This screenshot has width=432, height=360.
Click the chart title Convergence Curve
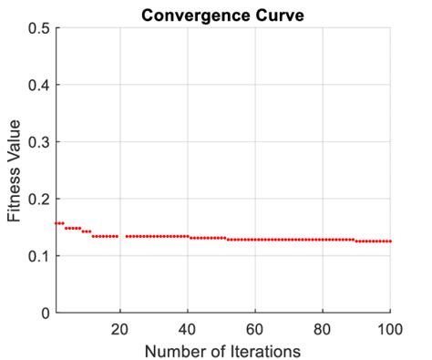click(222, 14)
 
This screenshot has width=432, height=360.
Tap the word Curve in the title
click(278, 14)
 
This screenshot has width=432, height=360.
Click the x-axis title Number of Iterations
click(223, 348)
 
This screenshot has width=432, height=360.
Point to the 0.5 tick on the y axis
click(37, 28)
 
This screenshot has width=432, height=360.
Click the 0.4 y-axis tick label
click(37, 85)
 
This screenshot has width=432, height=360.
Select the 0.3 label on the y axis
click(37, 142)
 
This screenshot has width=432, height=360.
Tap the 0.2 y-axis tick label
click(37, 199)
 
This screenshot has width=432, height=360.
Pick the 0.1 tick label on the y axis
click(37, 256)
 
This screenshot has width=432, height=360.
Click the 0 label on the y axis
click(45, 313)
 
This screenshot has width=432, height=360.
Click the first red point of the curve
click(56, 223)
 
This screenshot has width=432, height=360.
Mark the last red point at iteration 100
click(390, 242)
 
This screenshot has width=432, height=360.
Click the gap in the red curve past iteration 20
click(122, 236)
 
